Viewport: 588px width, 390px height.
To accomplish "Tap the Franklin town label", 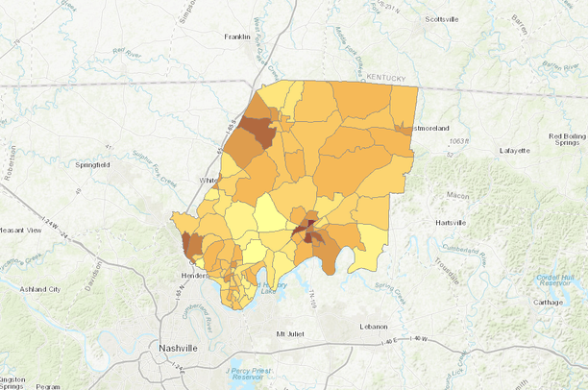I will (x=236, y=37).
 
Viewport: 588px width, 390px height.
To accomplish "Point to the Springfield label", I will (x=95, y=165).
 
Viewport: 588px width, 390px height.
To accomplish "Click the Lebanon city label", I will (x=374, y=327).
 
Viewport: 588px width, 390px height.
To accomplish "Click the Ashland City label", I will (x=42, y=288).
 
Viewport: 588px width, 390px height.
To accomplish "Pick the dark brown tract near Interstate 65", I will (x=257, y=130).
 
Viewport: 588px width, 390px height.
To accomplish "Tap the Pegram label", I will (x=47, y=386).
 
